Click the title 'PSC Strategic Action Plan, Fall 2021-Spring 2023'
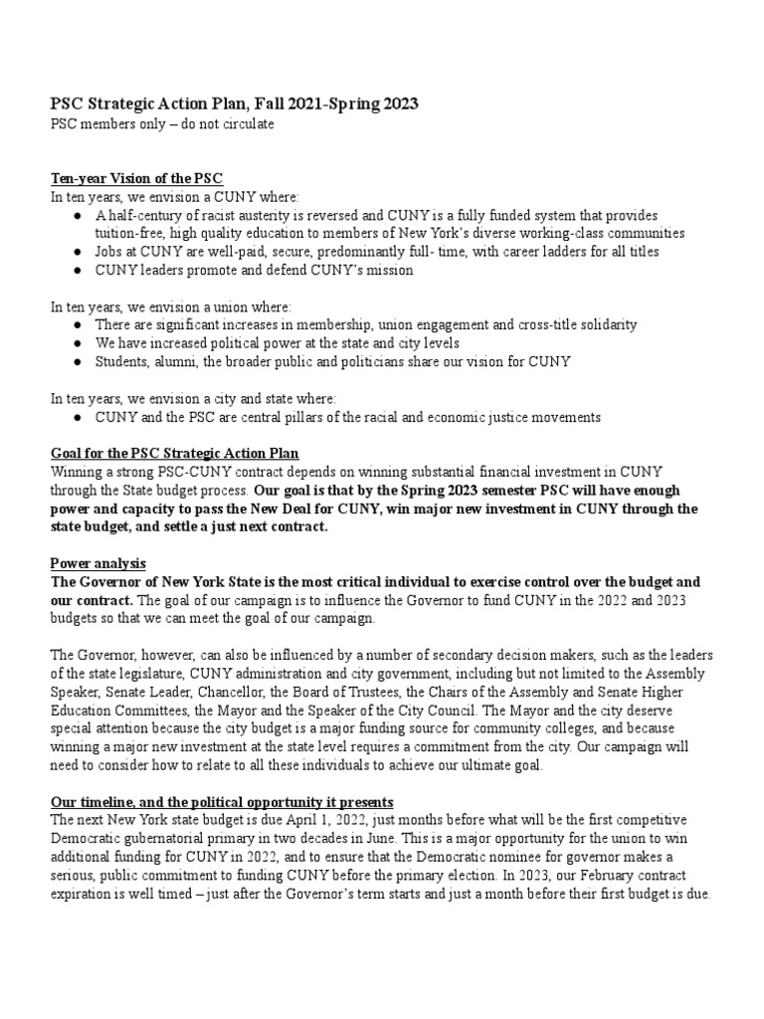pyautogui.click(x=234, y=102)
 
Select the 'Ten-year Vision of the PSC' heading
pyautogui.click(x=136, y=178)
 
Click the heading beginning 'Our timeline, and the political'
pyautogui.click(x=222, y=801)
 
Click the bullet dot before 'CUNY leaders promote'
pyautogui.click(x=79, y=270)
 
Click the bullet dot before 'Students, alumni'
pyautogui.click(x=79, y=361)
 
